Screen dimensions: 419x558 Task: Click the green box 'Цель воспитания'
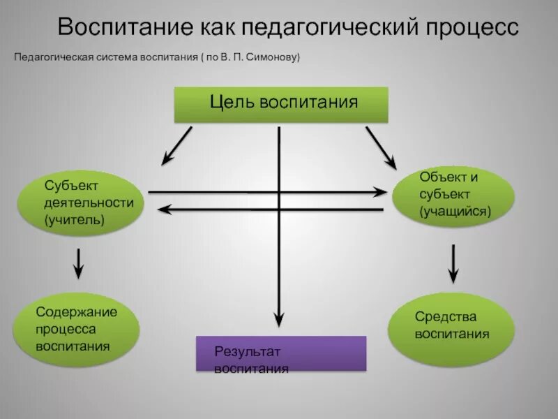click(280, 105)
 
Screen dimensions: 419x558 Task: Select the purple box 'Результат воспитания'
click(280, 353)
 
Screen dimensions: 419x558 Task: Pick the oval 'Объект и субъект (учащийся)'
click(453, 193)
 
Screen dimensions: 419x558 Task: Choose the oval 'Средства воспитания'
click(453, 325)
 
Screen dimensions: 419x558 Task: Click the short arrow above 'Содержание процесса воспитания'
click(78, 263)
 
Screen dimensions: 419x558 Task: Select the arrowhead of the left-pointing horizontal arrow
click(164, 208)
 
